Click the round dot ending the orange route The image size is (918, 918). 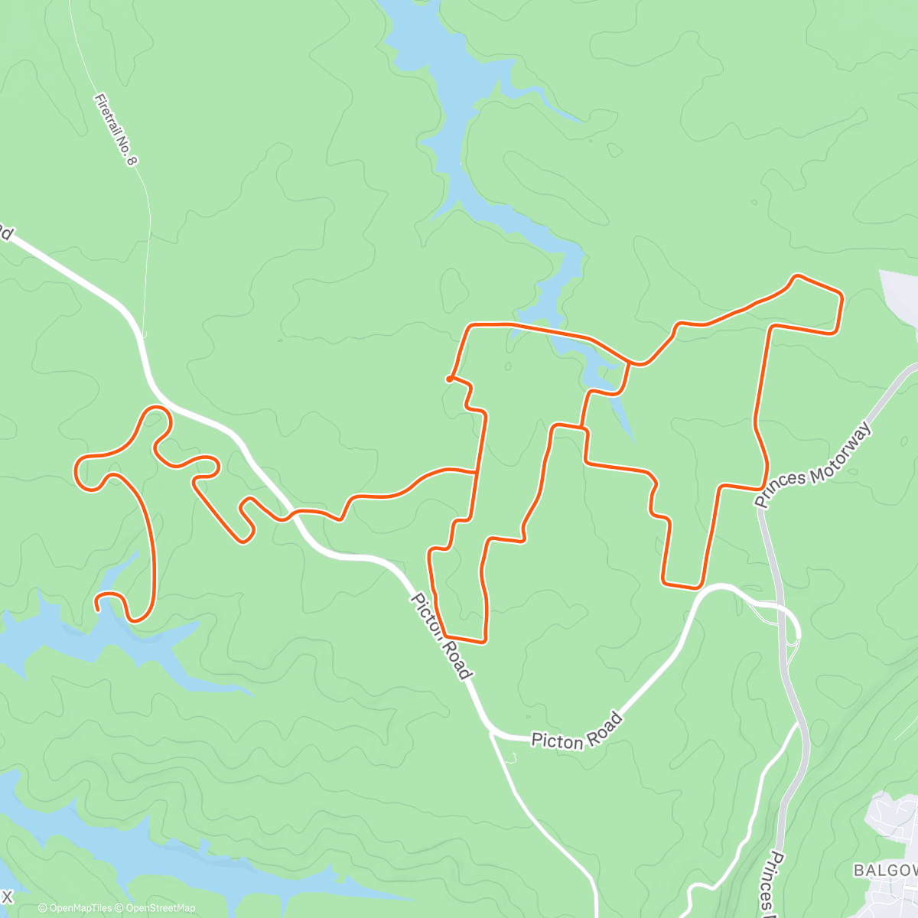coord(449,378)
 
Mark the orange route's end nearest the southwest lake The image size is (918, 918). coord(98,607)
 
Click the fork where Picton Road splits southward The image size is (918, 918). coord(491,733)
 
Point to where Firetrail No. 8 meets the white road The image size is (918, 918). coord(143,334)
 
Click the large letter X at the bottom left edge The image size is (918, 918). coord(7,895)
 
